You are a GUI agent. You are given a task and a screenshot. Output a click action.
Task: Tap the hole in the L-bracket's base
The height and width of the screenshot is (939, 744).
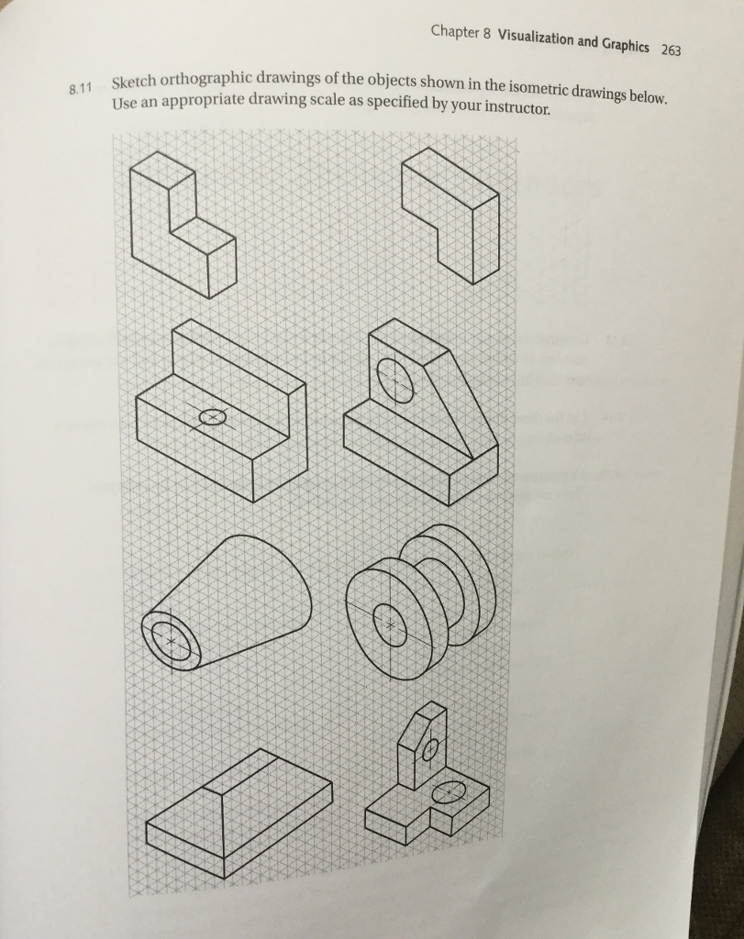[x=211, y=418]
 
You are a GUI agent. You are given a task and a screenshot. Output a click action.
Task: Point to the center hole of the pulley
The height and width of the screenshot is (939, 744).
[x=391, y=624]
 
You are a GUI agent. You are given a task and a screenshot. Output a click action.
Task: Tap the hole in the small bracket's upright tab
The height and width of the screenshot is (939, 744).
[x=428, y=749]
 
